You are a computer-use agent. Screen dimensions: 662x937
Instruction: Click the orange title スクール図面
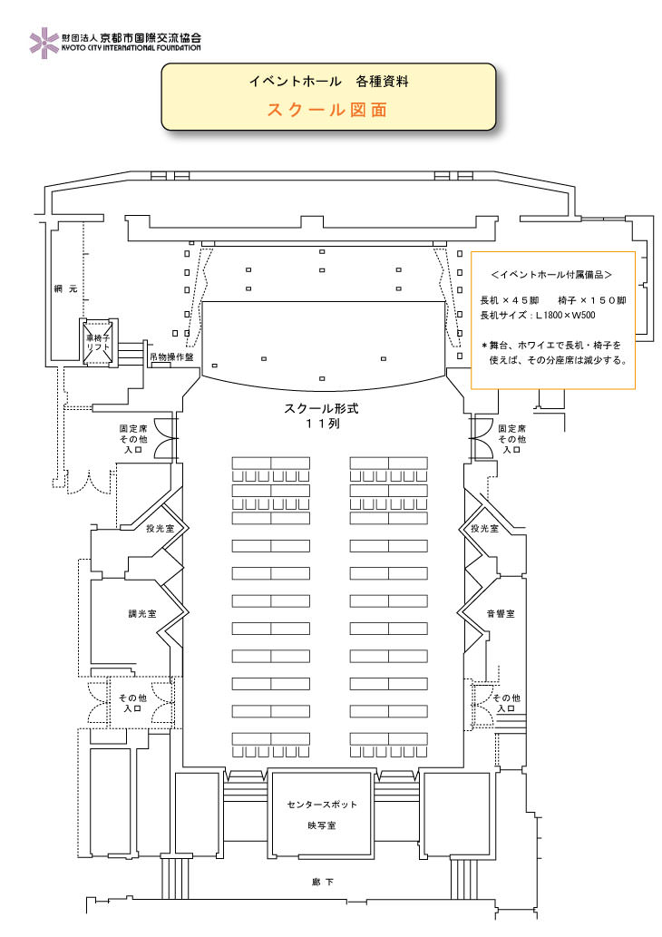point(327,110)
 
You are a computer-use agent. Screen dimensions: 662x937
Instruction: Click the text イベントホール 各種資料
point(328,82)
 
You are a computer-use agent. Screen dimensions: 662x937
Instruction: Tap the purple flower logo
point(44,43)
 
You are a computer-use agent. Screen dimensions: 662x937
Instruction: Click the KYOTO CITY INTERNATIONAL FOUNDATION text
point(131,48)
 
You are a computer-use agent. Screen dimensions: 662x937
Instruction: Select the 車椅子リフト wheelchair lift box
point(98,342)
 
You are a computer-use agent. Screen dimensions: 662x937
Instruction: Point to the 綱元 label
point(65,288)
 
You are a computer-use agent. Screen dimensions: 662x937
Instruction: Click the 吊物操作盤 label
point(171,357)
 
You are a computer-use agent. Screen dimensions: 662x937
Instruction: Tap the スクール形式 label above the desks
point(321,409)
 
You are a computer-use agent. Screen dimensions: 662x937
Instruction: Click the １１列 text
point(322,424)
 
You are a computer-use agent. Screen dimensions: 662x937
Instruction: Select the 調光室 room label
point(142,614)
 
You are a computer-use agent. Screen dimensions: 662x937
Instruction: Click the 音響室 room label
point(501,614)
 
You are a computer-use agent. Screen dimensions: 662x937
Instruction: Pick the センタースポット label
point(322,805)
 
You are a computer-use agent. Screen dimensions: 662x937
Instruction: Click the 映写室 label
point(322,825)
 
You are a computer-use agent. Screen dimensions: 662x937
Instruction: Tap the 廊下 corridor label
point(322,882)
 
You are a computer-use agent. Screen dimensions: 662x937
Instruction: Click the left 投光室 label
point(160,528)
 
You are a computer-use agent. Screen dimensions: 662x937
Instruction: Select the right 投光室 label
point(484,528)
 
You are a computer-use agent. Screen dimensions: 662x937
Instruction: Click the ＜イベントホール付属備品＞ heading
point(551,275)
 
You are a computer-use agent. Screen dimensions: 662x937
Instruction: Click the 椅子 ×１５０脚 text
point(591,300)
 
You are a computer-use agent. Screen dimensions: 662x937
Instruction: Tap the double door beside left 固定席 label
point(166,438)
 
